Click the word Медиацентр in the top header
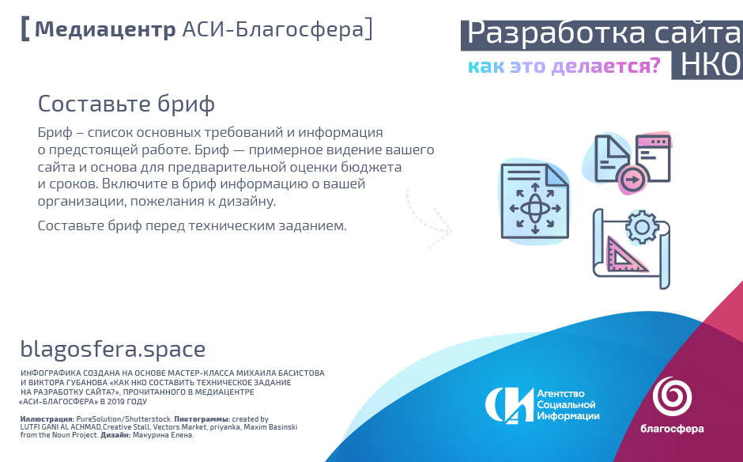(x=104, y=29)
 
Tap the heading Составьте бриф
(x=126, y=104)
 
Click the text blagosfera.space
(x=113, y=350)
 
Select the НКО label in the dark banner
(x=709, y=65)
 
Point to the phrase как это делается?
(x=564, y=66)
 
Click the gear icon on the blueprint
(x=642, y=227)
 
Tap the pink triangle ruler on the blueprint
(x=625, y=254)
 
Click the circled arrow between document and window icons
(x=632, y=180)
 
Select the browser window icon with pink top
(x=654, y=158)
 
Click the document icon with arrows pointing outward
(x=535, y=201)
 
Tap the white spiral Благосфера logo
(x=672, y=396)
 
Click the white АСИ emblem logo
(x=509, y=404)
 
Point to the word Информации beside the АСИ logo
(x=568, y=416)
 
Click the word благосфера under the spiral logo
(x=672, y=429)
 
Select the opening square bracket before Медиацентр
(x=25, y=29)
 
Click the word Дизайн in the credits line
(x=115, y=435)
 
